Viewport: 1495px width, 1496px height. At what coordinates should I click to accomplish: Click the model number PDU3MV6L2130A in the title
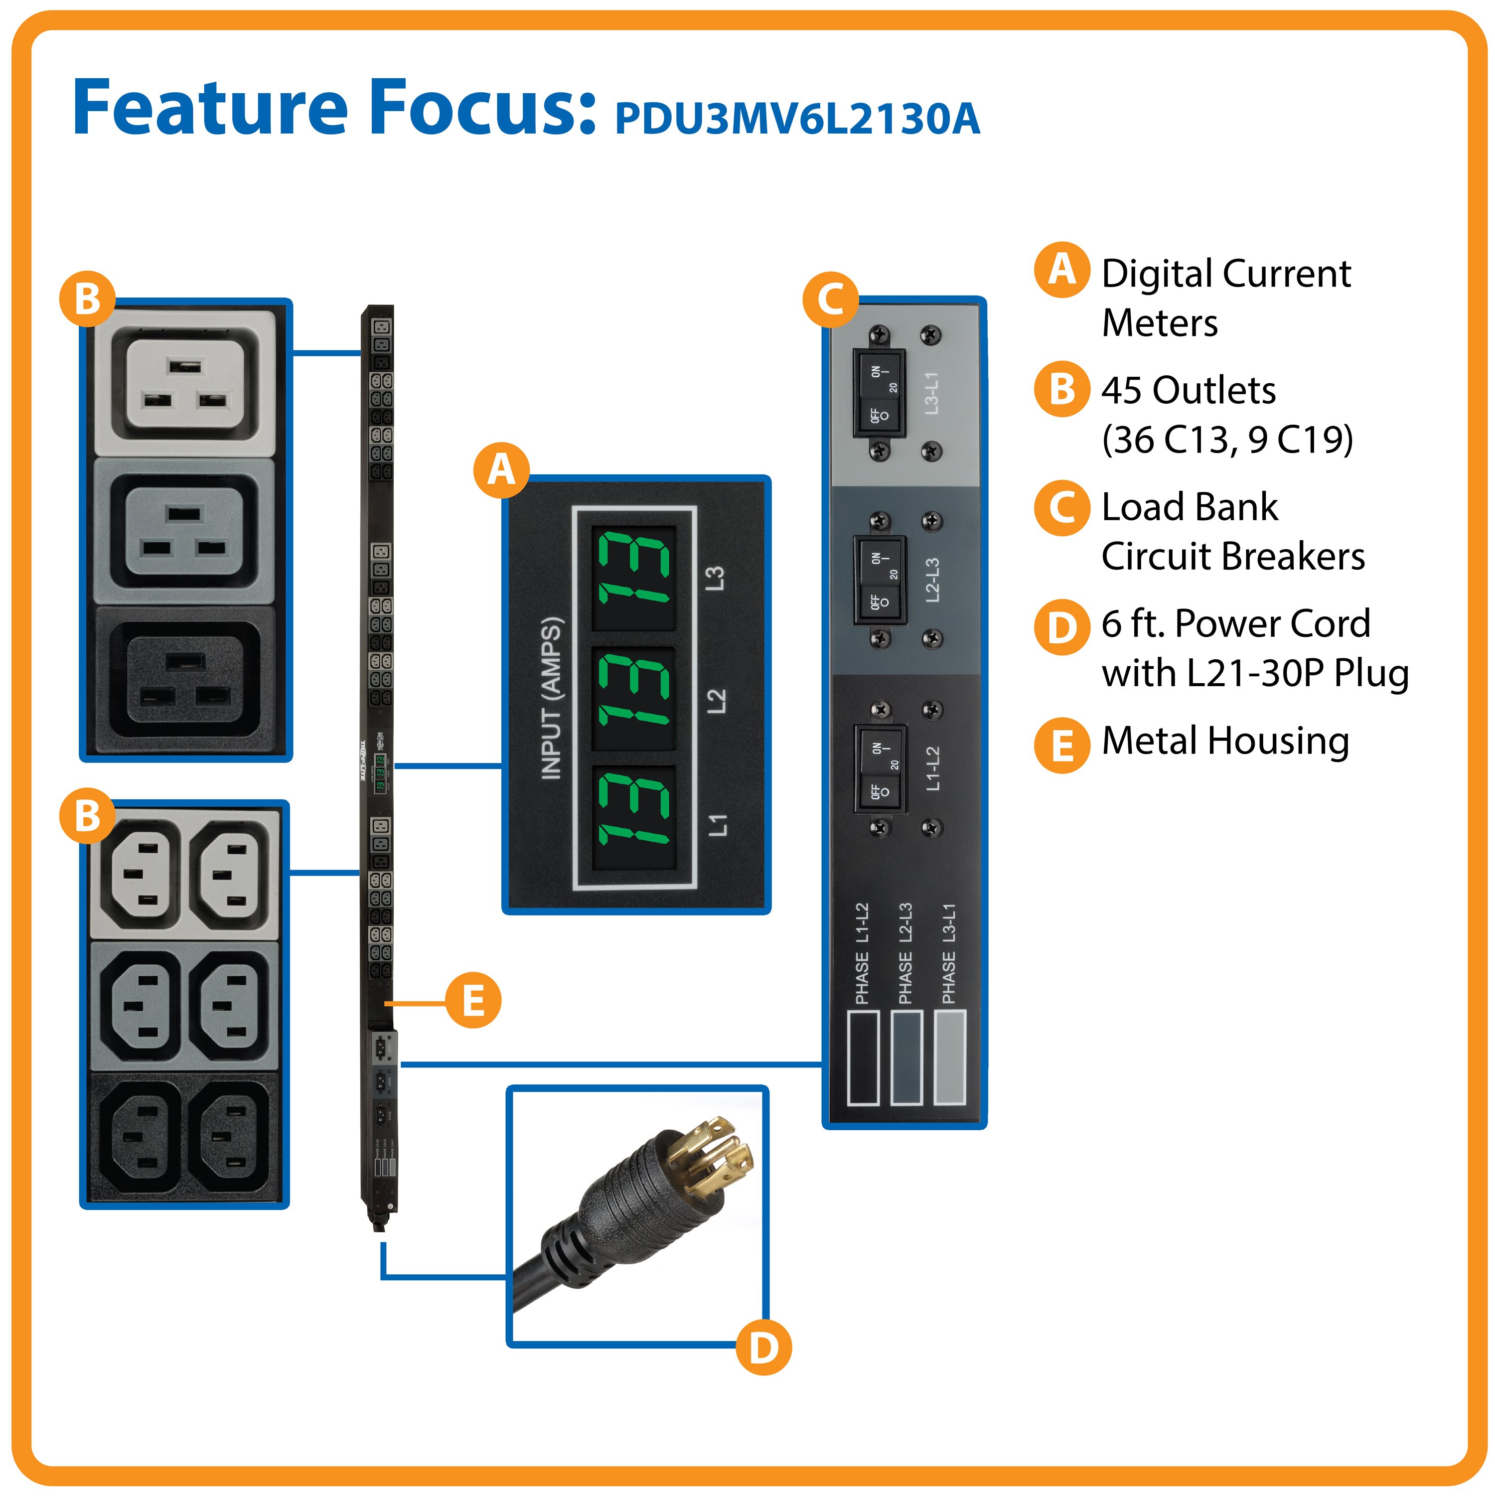tap(797, 119)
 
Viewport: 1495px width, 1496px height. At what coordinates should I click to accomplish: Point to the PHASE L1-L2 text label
tap(862, 953)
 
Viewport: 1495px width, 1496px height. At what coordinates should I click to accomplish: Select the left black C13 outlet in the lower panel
tap(136, 1136)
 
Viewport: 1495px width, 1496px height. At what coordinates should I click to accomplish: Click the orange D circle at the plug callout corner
tap(762, 1347)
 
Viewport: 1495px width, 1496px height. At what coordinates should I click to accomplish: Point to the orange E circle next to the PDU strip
tap(472, 1001)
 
